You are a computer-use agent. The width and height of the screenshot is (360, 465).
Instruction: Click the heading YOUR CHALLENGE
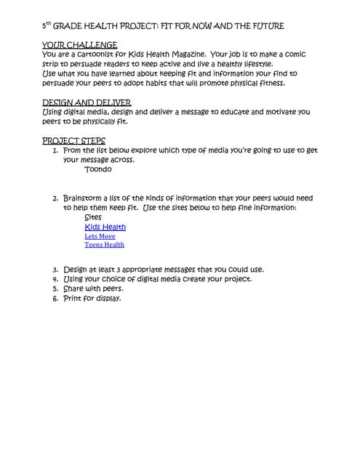pos(79,45)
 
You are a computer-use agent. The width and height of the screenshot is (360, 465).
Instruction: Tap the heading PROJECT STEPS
pos(73,141)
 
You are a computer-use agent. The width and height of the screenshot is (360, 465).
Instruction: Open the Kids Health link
pos(105,227)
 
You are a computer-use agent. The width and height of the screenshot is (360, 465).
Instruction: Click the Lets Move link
pos(100,236)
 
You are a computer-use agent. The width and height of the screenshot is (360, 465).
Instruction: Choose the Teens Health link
pos(104,245)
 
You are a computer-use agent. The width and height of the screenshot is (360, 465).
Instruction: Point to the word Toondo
pos(98,169)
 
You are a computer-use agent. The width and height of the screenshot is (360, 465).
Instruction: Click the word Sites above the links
pos(93,217)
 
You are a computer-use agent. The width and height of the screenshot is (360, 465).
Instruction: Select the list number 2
pos(55,198)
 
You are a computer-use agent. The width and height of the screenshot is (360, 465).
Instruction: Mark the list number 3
pos(55,270)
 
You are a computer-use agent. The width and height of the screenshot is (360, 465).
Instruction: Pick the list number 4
pos(55,279)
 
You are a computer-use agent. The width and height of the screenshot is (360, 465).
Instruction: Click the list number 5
pos(55,288)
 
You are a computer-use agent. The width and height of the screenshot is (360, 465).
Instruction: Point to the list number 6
pos(55,298)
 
